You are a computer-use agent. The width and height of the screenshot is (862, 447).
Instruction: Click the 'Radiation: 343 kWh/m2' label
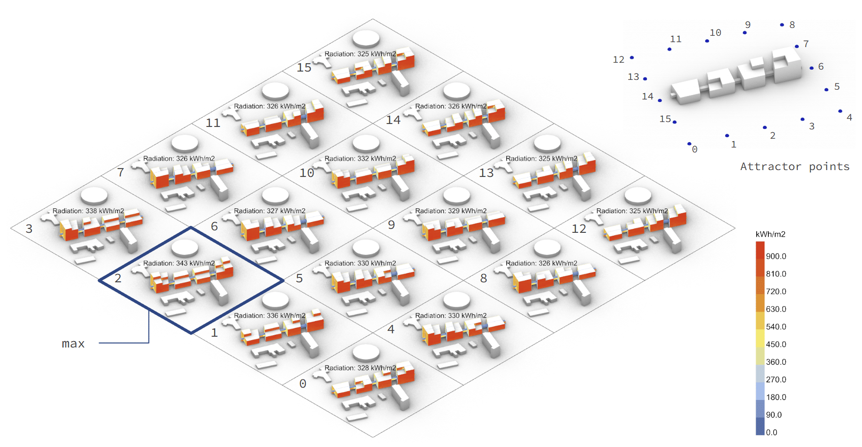pyautogui.click(x=179, y=263)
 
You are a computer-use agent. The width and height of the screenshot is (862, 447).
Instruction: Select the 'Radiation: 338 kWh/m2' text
pyautogui.click(x=88, y=211)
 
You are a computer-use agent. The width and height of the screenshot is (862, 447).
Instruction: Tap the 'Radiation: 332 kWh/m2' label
pyautogui.click(x=360, y=158)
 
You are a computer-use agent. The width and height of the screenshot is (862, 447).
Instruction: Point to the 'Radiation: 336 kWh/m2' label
pyautogui.click(x=270, y=316)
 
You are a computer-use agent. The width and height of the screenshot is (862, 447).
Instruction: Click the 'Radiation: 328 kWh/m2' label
pyautogui.click(x=360, y=368)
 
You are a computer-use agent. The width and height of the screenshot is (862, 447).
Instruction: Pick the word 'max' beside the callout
pyautogui.click(x=73, y=344)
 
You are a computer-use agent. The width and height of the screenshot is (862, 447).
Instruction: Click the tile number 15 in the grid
pyautogui.click(x=304, y=68)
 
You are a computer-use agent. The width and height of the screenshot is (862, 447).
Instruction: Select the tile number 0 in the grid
pyautogui.click(x=303, y=384)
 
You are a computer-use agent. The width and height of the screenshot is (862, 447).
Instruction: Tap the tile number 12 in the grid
pyautogui.click(x=579, y=229)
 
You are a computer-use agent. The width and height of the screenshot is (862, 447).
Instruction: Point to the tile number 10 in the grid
pyautogui.click(x=307, y=173)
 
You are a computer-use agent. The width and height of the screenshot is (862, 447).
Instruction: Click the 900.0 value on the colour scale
pyautogui.click(x=776, y=256)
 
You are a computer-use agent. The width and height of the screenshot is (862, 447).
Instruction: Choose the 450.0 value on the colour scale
pyautogui.click(x=776, y=345)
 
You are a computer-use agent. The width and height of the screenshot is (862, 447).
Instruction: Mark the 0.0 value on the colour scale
pyautogui.click(x=771, y=432)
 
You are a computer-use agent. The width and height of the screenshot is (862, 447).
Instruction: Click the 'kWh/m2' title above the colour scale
pyautogui.click(x=770, y=234)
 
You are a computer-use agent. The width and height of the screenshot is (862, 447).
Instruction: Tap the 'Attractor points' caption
pyautogui.click(x=794, y=167)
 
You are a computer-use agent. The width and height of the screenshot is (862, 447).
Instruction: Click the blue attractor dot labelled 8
pyautogui.click(x=782, y=25)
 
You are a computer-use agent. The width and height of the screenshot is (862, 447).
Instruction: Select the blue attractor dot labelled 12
pyautogui.click(x=632, y=58)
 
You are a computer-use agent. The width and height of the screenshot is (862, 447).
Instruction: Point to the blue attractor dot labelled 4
pyautogui.click(x=840, y=111)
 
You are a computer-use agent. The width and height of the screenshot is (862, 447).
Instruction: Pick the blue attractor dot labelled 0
pyautogui.click(x=689, y=144)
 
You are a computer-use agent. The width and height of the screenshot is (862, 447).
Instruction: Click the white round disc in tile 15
pyautogui.click(x=366, y=38)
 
